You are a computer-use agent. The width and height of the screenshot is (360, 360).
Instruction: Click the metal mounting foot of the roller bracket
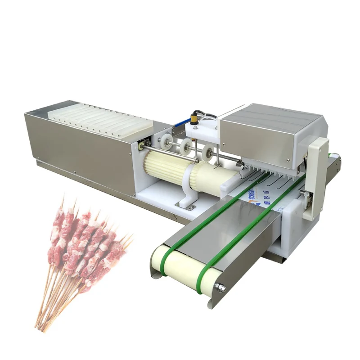pos(184,205)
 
